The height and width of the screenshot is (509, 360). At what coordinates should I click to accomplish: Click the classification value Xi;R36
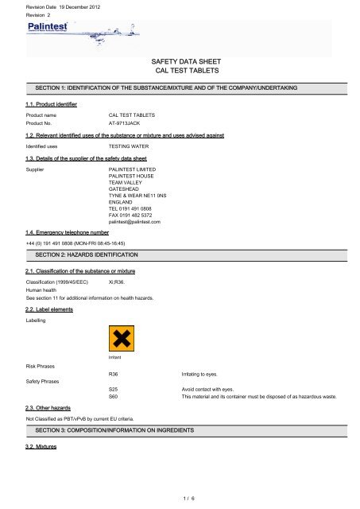point(117,282)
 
